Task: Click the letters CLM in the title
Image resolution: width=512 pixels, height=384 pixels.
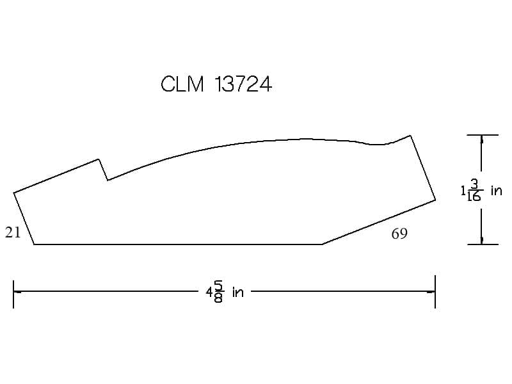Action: pyautogui.click(x=182, y=84)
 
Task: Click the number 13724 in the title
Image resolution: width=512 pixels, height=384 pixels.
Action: pyautogui.click(x=243, y=84)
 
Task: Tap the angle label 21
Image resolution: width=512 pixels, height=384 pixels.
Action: pyautogui.click(x=13, y=232)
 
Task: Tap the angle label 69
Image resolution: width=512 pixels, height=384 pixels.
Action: pyautogui.click(x=399, y=234)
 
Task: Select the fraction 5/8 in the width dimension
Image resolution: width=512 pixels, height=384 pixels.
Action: pyautogui.click(x=218, y=292)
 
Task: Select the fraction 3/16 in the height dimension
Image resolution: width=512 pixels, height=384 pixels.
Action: pyautogui.click(x=474, y=189)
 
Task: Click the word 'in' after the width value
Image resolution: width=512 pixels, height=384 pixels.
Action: pyautogui.click(x=238, y=292)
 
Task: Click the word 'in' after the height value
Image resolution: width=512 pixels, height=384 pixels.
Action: pyautogui.click(x=497, y=190)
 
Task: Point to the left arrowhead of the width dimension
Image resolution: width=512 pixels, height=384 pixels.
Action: pyautogui.click(x=17, y=291)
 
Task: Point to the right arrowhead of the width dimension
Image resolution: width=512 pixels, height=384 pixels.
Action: pyautogui.click(x=431, y=291)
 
